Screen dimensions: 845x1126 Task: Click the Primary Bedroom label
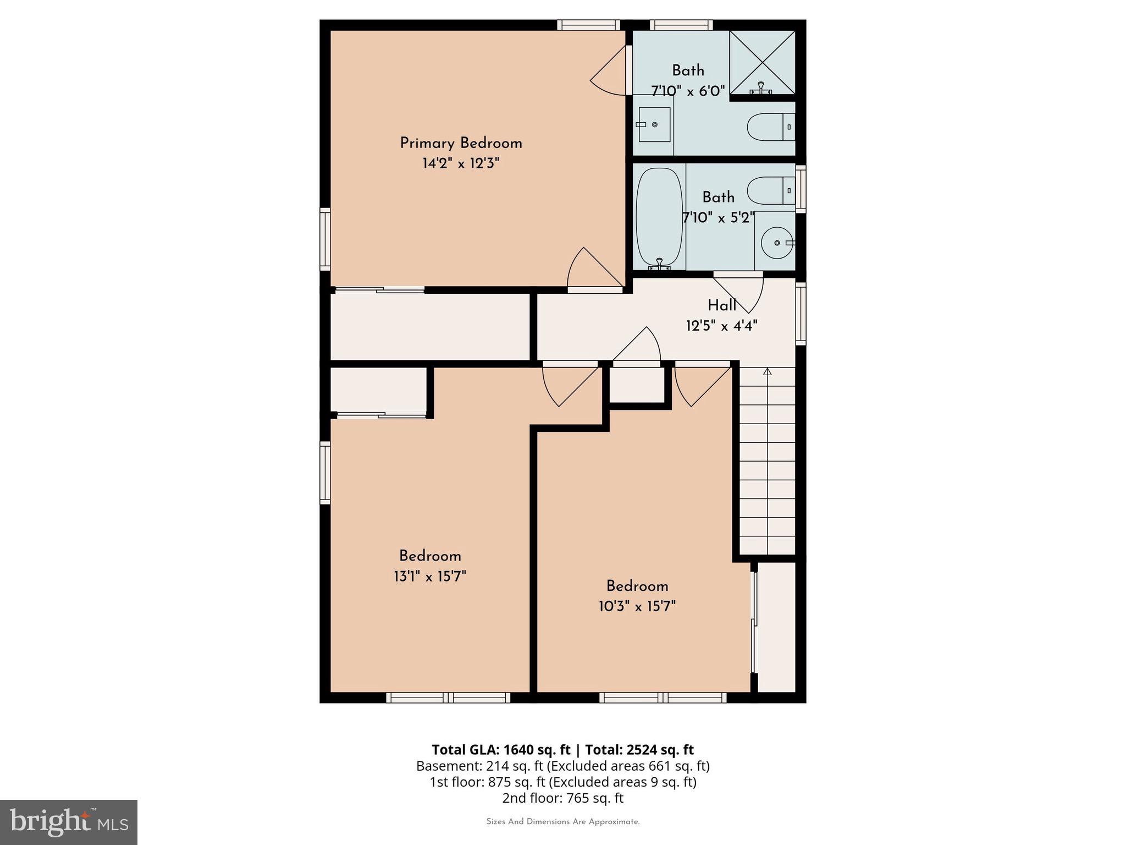(461, 144)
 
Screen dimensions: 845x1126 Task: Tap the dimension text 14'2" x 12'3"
(461, 163)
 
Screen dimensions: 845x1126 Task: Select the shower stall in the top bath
(762, 62)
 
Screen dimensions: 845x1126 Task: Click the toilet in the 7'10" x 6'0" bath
(770, 127)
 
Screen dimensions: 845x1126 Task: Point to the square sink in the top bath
(653, 125)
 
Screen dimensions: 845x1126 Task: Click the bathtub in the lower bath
(659, 217)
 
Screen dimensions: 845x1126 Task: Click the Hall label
(721, 306)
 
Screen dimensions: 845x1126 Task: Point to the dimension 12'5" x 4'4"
(721, 326)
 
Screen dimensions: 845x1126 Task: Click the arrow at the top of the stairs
(767, 372)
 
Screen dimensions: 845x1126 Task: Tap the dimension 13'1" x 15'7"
(430, 577)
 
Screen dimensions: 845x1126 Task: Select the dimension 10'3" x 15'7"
(637, 606)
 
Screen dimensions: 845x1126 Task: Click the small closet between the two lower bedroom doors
(637, 385)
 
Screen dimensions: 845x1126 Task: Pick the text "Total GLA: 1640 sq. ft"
(501, 750)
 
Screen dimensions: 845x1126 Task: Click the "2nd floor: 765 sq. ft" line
(562, 798)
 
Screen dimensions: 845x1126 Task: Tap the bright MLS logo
(69, 822)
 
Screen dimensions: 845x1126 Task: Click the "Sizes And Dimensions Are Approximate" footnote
(562, 822)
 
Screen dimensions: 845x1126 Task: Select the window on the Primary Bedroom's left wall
(325, 239)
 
